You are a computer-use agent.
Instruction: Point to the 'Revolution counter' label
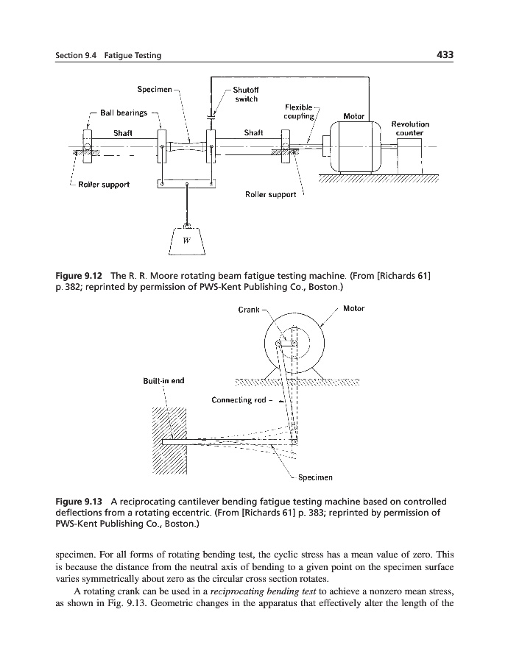(x=410, y=129)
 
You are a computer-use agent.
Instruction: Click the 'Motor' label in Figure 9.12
(x=354, y=116)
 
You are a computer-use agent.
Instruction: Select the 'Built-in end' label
(x=163, y=380)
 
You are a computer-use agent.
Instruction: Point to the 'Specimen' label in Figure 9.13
(x=315, y=477)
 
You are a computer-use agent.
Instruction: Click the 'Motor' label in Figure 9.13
(x=353, y=309)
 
